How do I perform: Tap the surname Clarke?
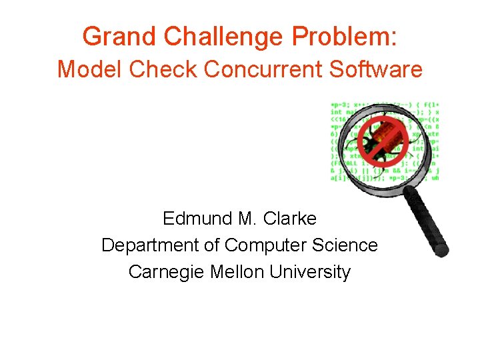click(290, 219)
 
